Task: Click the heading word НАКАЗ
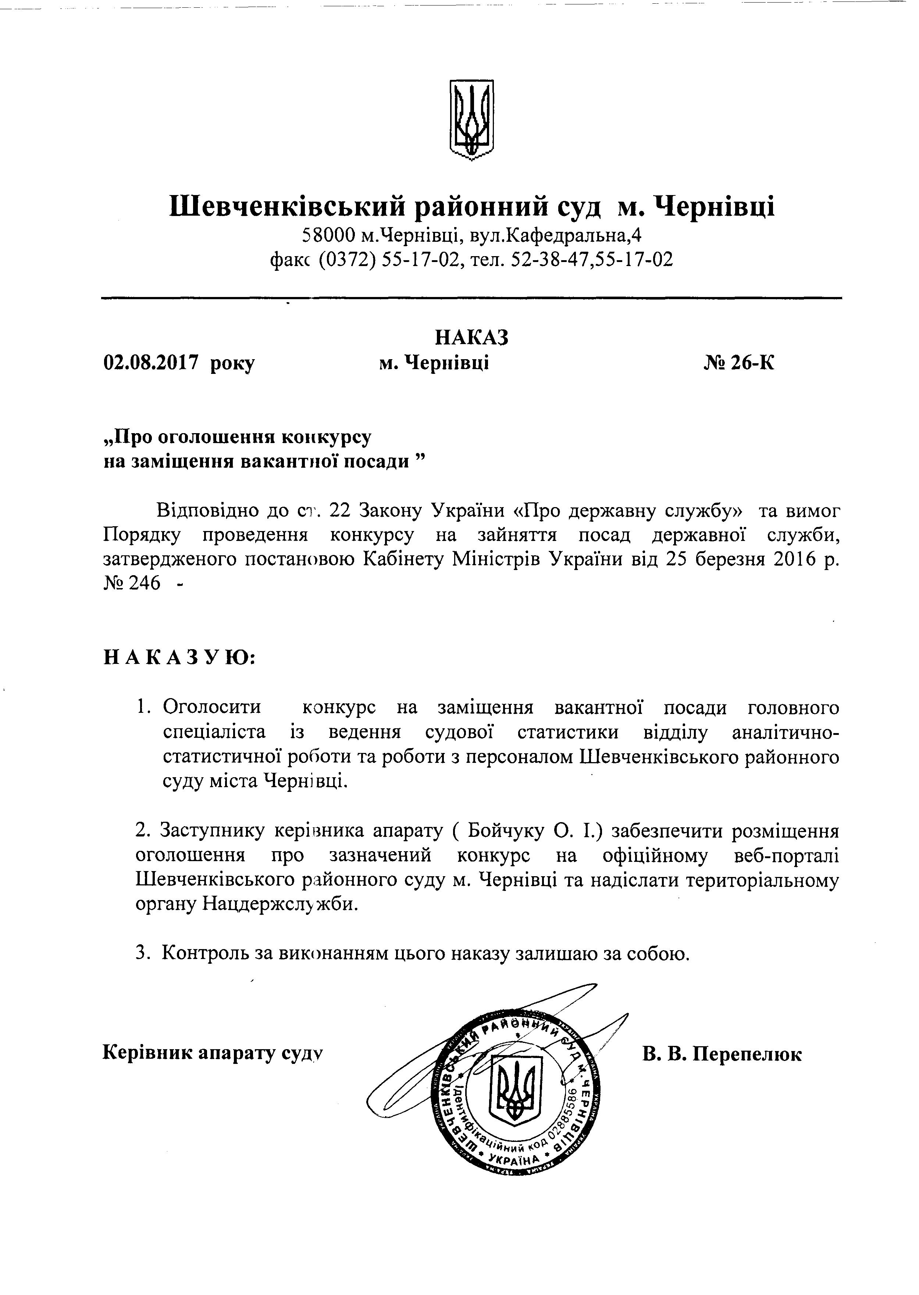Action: point(472,337)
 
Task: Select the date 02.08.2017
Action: point(151,362)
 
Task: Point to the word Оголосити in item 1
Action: point(212,707)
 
